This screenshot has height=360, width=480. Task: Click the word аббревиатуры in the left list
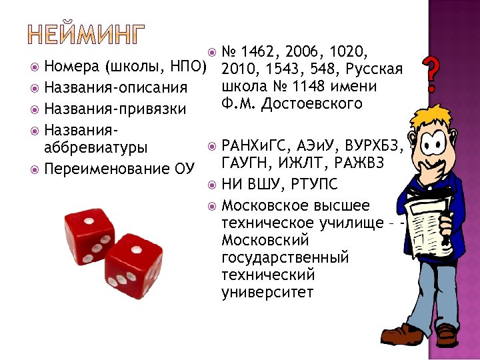click(x=95, y=147)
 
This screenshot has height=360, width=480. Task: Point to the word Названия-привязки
click(x=115, y=108)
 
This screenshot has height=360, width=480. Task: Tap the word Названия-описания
click(x=115, y=87)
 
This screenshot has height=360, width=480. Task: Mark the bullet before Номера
click(x=34, y=67)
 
